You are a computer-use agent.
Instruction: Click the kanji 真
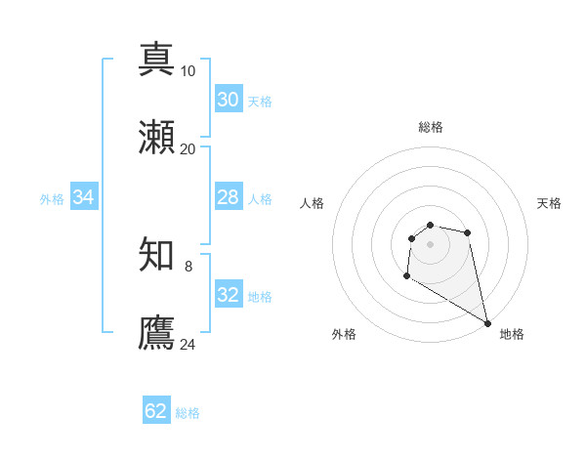pos(157,58)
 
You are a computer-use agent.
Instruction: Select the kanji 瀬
pos(157,138)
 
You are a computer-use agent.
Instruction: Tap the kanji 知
pos(157,255)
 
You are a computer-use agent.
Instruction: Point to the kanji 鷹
pos(157,333)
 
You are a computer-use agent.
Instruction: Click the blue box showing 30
pos(229,100)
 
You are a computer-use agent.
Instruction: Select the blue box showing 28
pos(229,197)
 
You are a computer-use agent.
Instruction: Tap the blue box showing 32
pos(229,295)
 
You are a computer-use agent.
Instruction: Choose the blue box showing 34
pos(84,197)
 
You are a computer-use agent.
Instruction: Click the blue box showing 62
pos(156,411)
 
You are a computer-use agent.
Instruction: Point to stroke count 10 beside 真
pos(188,70)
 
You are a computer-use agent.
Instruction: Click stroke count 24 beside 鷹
pos(188,344)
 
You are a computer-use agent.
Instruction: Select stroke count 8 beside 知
pos(188,266)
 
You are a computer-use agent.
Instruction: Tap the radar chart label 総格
pos(431,127)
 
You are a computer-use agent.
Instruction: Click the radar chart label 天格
pos(550,203)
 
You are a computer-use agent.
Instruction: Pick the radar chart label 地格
pos(512,334)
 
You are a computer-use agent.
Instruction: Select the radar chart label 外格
pos(344,334)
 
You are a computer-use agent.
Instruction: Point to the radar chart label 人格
pos(313,203)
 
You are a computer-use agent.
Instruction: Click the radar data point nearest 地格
pos(488,323)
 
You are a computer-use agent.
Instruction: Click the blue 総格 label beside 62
pos(188,413)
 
